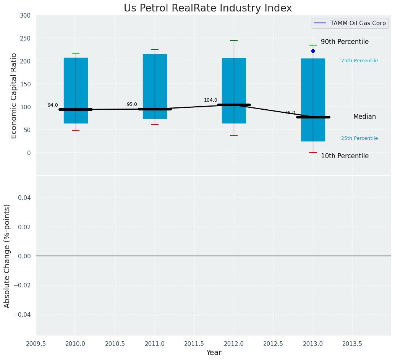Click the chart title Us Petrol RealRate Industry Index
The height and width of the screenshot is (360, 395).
(207, 8)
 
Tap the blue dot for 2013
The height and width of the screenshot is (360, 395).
(313, 51)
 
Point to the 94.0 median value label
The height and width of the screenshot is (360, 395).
(53, 105)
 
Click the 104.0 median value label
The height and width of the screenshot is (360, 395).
(210, 101)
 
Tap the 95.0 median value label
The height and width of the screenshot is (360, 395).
(132, 105)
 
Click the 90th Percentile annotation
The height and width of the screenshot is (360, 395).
(345, 42)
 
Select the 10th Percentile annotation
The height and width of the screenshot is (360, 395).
(345, 156)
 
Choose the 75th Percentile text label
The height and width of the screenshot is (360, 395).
(359, 61)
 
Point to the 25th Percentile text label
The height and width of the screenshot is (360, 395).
(359, 139)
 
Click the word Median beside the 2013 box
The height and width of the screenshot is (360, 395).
(364, 117)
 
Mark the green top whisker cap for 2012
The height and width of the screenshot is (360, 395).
(234, 41)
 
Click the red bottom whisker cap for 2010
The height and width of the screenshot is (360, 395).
(76, 131)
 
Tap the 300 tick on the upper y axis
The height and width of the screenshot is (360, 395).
(25, 16)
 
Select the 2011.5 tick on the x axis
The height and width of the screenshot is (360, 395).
(194, 344)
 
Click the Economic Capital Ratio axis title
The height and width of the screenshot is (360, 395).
(14, 96)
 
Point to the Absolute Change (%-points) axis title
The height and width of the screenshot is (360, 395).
(7, 256)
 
